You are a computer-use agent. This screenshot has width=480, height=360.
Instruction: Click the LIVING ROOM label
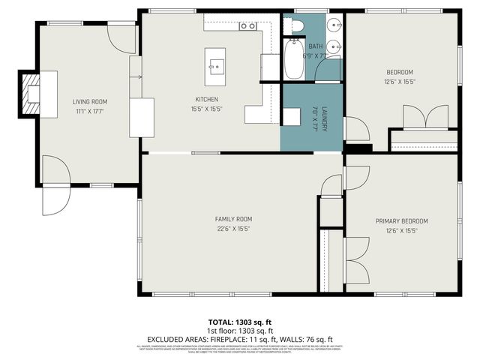tap(89, 102)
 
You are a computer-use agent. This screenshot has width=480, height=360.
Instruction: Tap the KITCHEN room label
tap(207, 99)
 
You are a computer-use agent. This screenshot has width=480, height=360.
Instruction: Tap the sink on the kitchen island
tap(216, 67)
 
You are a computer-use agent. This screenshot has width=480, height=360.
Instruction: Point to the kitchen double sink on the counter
tap(248, 26)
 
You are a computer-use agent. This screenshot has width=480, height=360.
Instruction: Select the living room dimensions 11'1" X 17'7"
tap(89, 111)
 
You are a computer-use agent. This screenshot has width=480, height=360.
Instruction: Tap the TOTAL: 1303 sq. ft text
tap(240, 322)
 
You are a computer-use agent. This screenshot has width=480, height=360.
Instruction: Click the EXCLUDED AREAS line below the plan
tap(240, 339)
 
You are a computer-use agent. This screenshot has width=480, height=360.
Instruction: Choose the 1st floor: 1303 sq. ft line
tap(240, 331)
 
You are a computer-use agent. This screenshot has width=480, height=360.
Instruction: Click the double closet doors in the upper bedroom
tap(425, 118)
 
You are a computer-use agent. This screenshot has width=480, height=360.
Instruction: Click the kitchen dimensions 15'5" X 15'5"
tap(207, 108)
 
